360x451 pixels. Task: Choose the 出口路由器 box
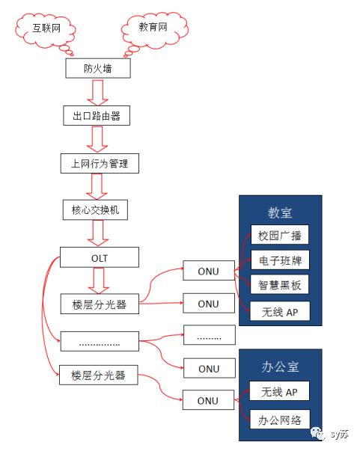97,116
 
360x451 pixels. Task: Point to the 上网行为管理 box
99,163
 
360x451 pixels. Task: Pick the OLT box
99,259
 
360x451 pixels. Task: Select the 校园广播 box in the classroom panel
279,236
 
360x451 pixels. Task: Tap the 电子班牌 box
279,260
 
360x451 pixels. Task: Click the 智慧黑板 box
279,285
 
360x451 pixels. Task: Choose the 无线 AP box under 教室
279,310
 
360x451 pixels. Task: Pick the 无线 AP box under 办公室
279,392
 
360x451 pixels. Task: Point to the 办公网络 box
279,418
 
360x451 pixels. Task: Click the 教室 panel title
280,212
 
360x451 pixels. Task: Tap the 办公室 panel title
280,367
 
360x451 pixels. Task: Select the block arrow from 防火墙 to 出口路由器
98,93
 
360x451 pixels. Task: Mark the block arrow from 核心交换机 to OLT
98,234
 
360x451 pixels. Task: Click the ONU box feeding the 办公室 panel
209,400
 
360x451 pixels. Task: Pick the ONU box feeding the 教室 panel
209,271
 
